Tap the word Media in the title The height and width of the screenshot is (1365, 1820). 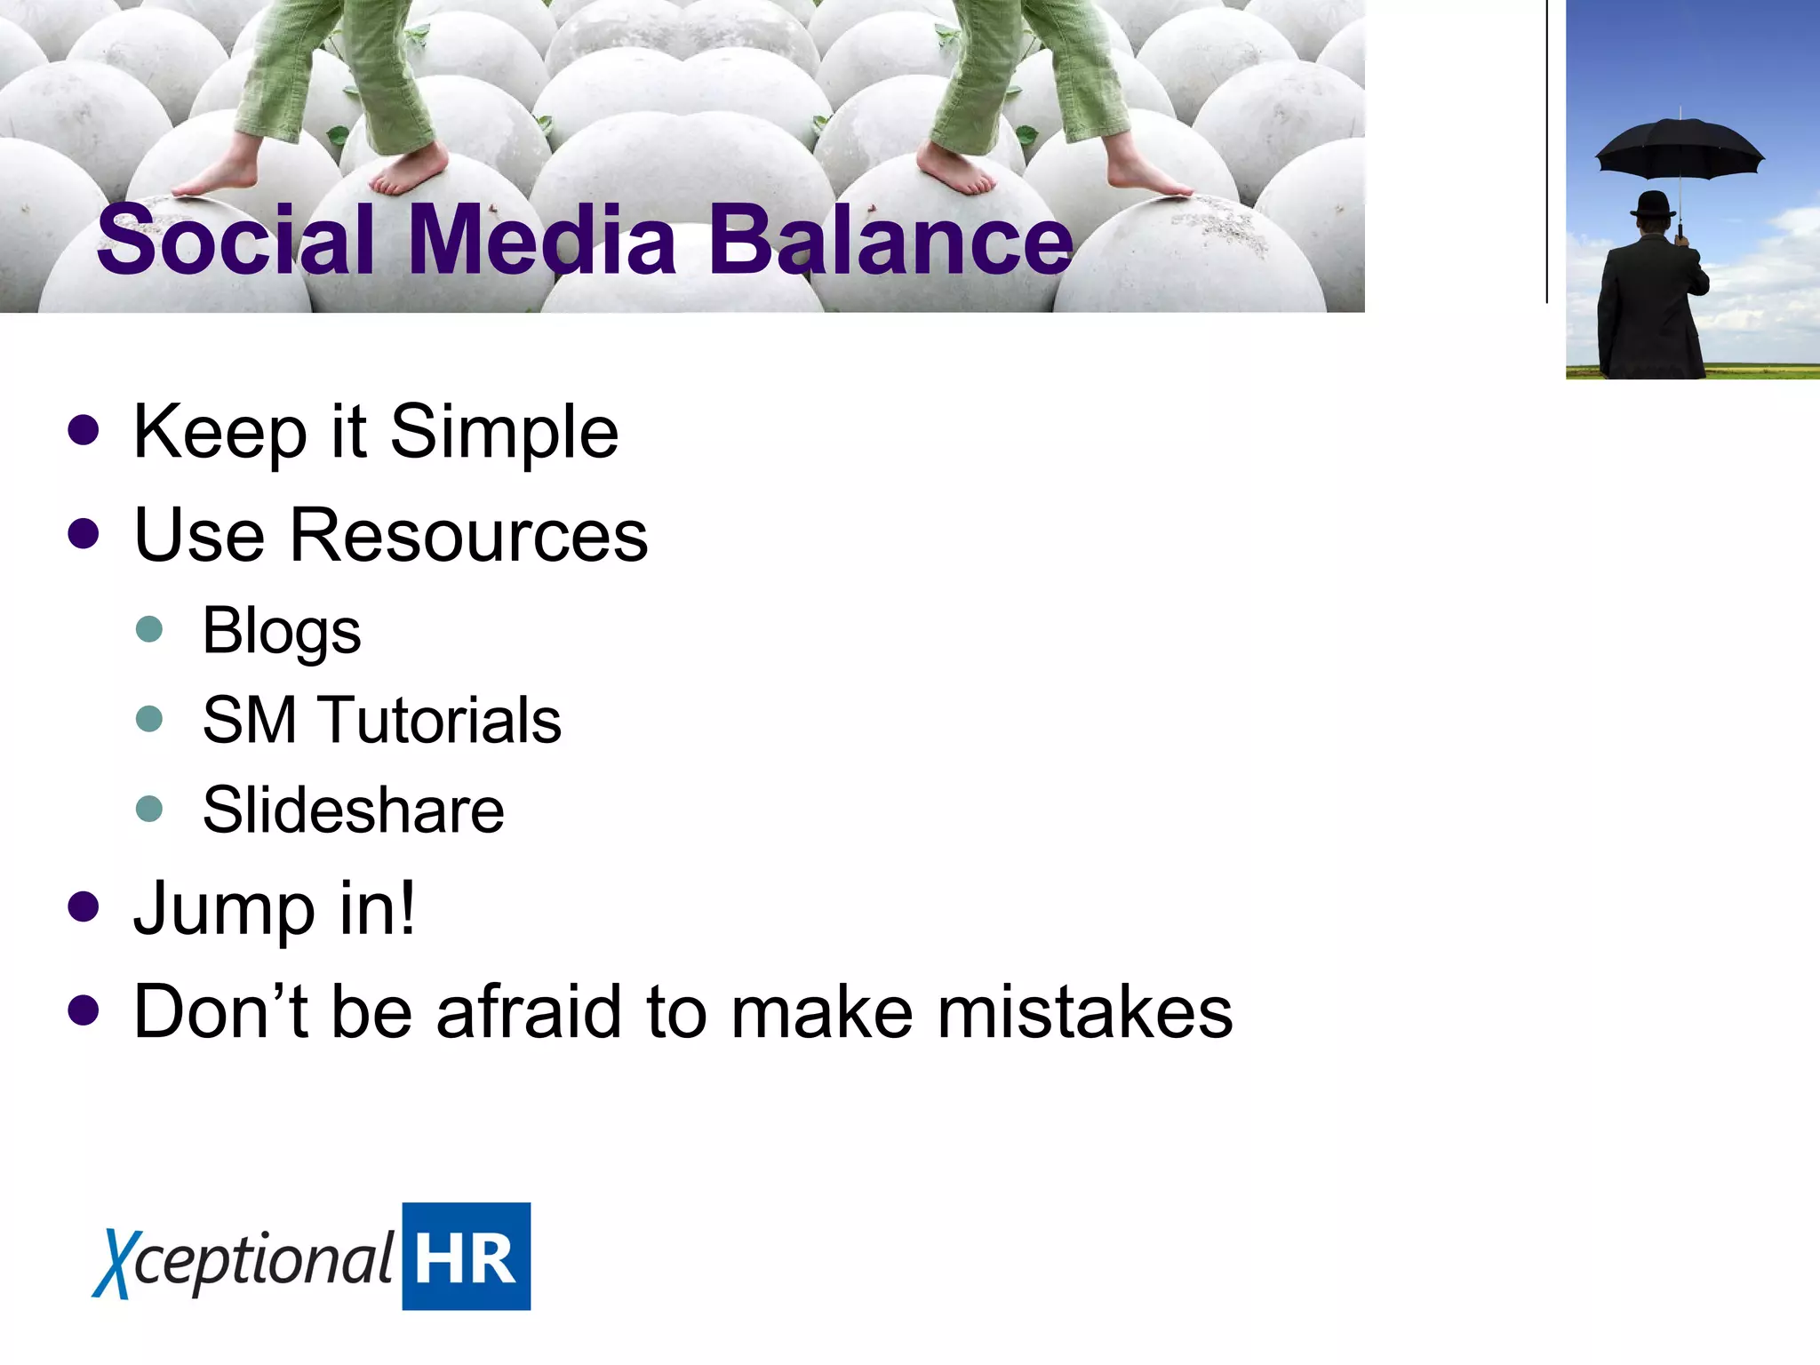click(x=543, y=240)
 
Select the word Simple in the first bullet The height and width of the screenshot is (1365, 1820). click(x=504, y=433)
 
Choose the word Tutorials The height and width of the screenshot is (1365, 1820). click(x=442, y=721)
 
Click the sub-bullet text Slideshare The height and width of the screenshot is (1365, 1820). click(x=353, y=810)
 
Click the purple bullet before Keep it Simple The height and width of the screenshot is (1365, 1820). click(x=84, y=431)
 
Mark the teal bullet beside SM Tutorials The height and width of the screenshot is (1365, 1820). click(x=149, y=718)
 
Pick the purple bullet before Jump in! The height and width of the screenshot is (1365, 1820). click(x=84, y=907)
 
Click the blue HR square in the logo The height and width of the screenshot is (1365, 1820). click(x=466, y=1257)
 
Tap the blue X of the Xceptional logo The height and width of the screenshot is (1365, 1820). click(x=114, y=1262)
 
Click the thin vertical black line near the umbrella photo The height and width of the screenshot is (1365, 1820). click(x=1547, y=151)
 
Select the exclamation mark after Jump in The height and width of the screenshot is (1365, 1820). click(x=406, y=907)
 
